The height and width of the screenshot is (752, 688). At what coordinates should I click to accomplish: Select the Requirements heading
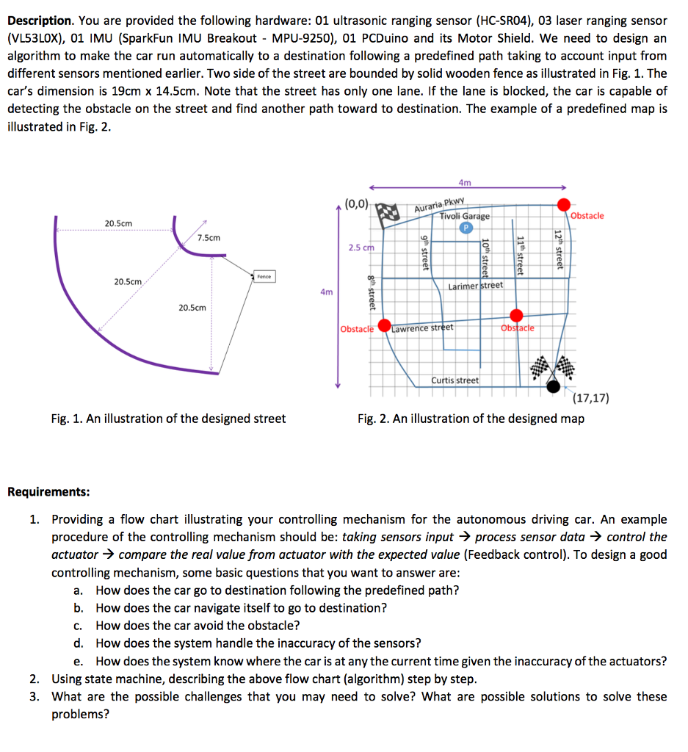pos(48,491)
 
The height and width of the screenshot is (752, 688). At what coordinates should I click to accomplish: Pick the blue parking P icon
pos(465,228)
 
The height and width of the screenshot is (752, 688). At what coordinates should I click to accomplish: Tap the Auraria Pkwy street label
pos(440,205)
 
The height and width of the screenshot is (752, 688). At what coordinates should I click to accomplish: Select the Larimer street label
pos(475,285)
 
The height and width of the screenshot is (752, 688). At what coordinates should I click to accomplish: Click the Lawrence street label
pos(422,328)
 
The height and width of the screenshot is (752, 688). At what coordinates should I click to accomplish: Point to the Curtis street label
pos(455,380)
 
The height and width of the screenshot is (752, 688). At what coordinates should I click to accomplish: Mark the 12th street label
pos(558,249)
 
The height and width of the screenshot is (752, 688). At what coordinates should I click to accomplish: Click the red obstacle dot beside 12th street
pos(563,204)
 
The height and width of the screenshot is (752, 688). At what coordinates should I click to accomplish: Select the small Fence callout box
pos(264,276)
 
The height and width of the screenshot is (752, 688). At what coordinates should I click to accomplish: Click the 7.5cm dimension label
pos(209,237)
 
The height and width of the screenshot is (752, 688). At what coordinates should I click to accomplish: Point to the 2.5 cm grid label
pos(361,247)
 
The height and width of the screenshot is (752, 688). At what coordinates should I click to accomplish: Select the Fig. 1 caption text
pos(168,419)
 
